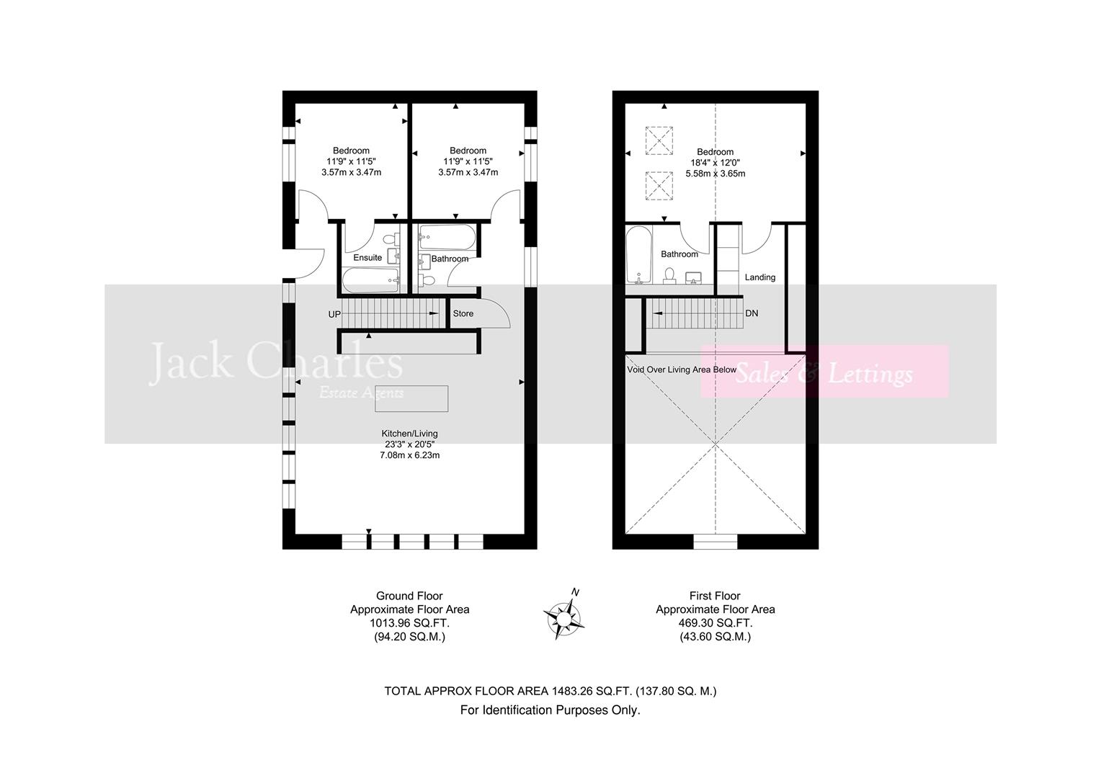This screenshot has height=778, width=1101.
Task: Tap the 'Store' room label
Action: coord(463,313)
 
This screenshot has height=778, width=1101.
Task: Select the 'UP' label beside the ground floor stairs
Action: coord(334,315)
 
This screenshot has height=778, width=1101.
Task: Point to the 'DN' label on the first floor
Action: coord(752,313)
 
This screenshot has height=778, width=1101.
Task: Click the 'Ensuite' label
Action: coord(367,257)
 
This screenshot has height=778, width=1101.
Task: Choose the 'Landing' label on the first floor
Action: coord(759,277)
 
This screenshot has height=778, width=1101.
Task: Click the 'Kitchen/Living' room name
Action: coord(409,434)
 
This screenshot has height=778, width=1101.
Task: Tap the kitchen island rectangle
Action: coord(411,398)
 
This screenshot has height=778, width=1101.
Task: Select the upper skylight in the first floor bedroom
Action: coord(658,140)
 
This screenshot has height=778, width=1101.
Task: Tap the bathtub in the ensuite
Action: coord(370,280)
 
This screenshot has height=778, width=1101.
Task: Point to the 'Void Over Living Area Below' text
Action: coord(682,370)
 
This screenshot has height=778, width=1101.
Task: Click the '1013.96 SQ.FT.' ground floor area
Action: coord(409,623)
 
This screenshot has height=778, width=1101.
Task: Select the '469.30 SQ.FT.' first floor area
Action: coord(715,623)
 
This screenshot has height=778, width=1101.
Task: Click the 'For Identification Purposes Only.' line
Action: coord(550,710)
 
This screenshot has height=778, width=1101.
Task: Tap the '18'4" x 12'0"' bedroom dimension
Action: coord(715,163)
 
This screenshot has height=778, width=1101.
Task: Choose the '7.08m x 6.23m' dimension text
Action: coord(409,455)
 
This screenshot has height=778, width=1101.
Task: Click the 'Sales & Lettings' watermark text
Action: coord(824,374)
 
